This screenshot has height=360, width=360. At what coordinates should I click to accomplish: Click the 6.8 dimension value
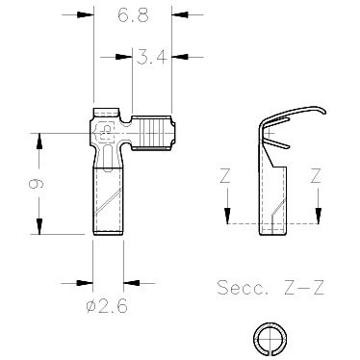(133, 15)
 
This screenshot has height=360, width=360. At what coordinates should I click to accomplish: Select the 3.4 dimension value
(151, 58)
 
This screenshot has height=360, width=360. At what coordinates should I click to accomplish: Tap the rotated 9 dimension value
(36, 184)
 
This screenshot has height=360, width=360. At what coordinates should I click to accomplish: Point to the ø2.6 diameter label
(107, 306)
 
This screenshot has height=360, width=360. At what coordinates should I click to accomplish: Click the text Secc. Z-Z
(270, 287)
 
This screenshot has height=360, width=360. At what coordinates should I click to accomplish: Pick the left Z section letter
(225, 176)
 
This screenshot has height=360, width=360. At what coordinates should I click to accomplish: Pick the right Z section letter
(316, 176)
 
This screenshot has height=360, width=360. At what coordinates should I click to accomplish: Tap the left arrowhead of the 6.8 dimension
(86, 14)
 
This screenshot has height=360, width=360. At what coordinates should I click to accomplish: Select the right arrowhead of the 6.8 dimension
(179, 14)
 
